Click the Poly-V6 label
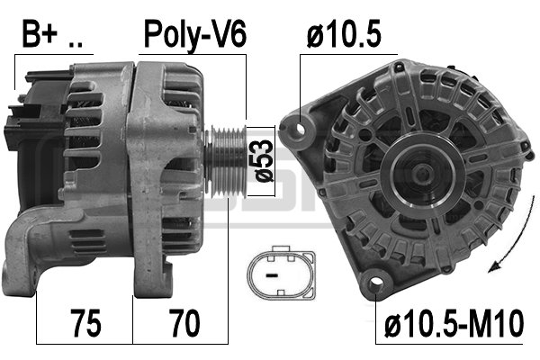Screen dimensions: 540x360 195,35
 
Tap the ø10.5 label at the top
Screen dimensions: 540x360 344,33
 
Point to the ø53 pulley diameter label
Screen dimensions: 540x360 264,160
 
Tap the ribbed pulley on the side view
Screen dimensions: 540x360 228,162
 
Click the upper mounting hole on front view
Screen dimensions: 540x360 301,130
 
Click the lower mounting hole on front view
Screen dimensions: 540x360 375,282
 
